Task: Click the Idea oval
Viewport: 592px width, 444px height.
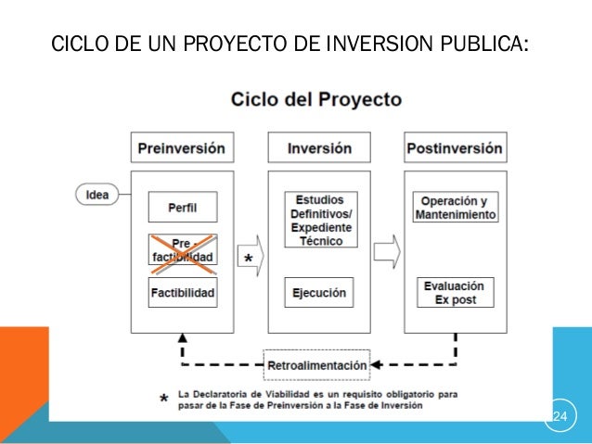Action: (x=97, y=196)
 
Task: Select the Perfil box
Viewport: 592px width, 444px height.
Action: (x=182, y=208)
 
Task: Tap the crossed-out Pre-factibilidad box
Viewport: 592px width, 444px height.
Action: (x=182, y=250)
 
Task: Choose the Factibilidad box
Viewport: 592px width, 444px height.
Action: (x=182, y=294)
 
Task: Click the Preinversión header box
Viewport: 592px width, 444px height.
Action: (x=182, y=148)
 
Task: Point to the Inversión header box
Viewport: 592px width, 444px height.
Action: (x=319, y=148)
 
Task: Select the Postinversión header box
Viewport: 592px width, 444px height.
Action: (x=455, y=148)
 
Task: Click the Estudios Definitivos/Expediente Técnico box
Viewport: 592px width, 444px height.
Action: (x=319, y=220)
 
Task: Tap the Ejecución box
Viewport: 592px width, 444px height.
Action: (x=319, y=293)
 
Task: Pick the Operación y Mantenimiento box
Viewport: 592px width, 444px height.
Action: (x=455, y=208)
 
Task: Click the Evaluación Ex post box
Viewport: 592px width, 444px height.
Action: (x=455, y=293)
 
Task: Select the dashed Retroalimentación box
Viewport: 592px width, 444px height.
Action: (x=317, y=365)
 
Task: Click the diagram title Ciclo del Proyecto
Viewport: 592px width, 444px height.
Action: (x=316, y=99)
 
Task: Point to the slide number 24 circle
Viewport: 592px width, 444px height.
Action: (x=560, y=414)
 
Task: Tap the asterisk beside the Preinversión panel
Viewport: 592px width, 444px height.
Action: (x=248, y=259)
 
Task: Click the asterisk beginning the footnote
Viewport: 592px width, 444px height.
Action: (x=164, y=399)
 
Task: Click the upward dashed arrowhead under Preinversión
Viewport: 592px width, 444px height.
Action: (x=182, y=339)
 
